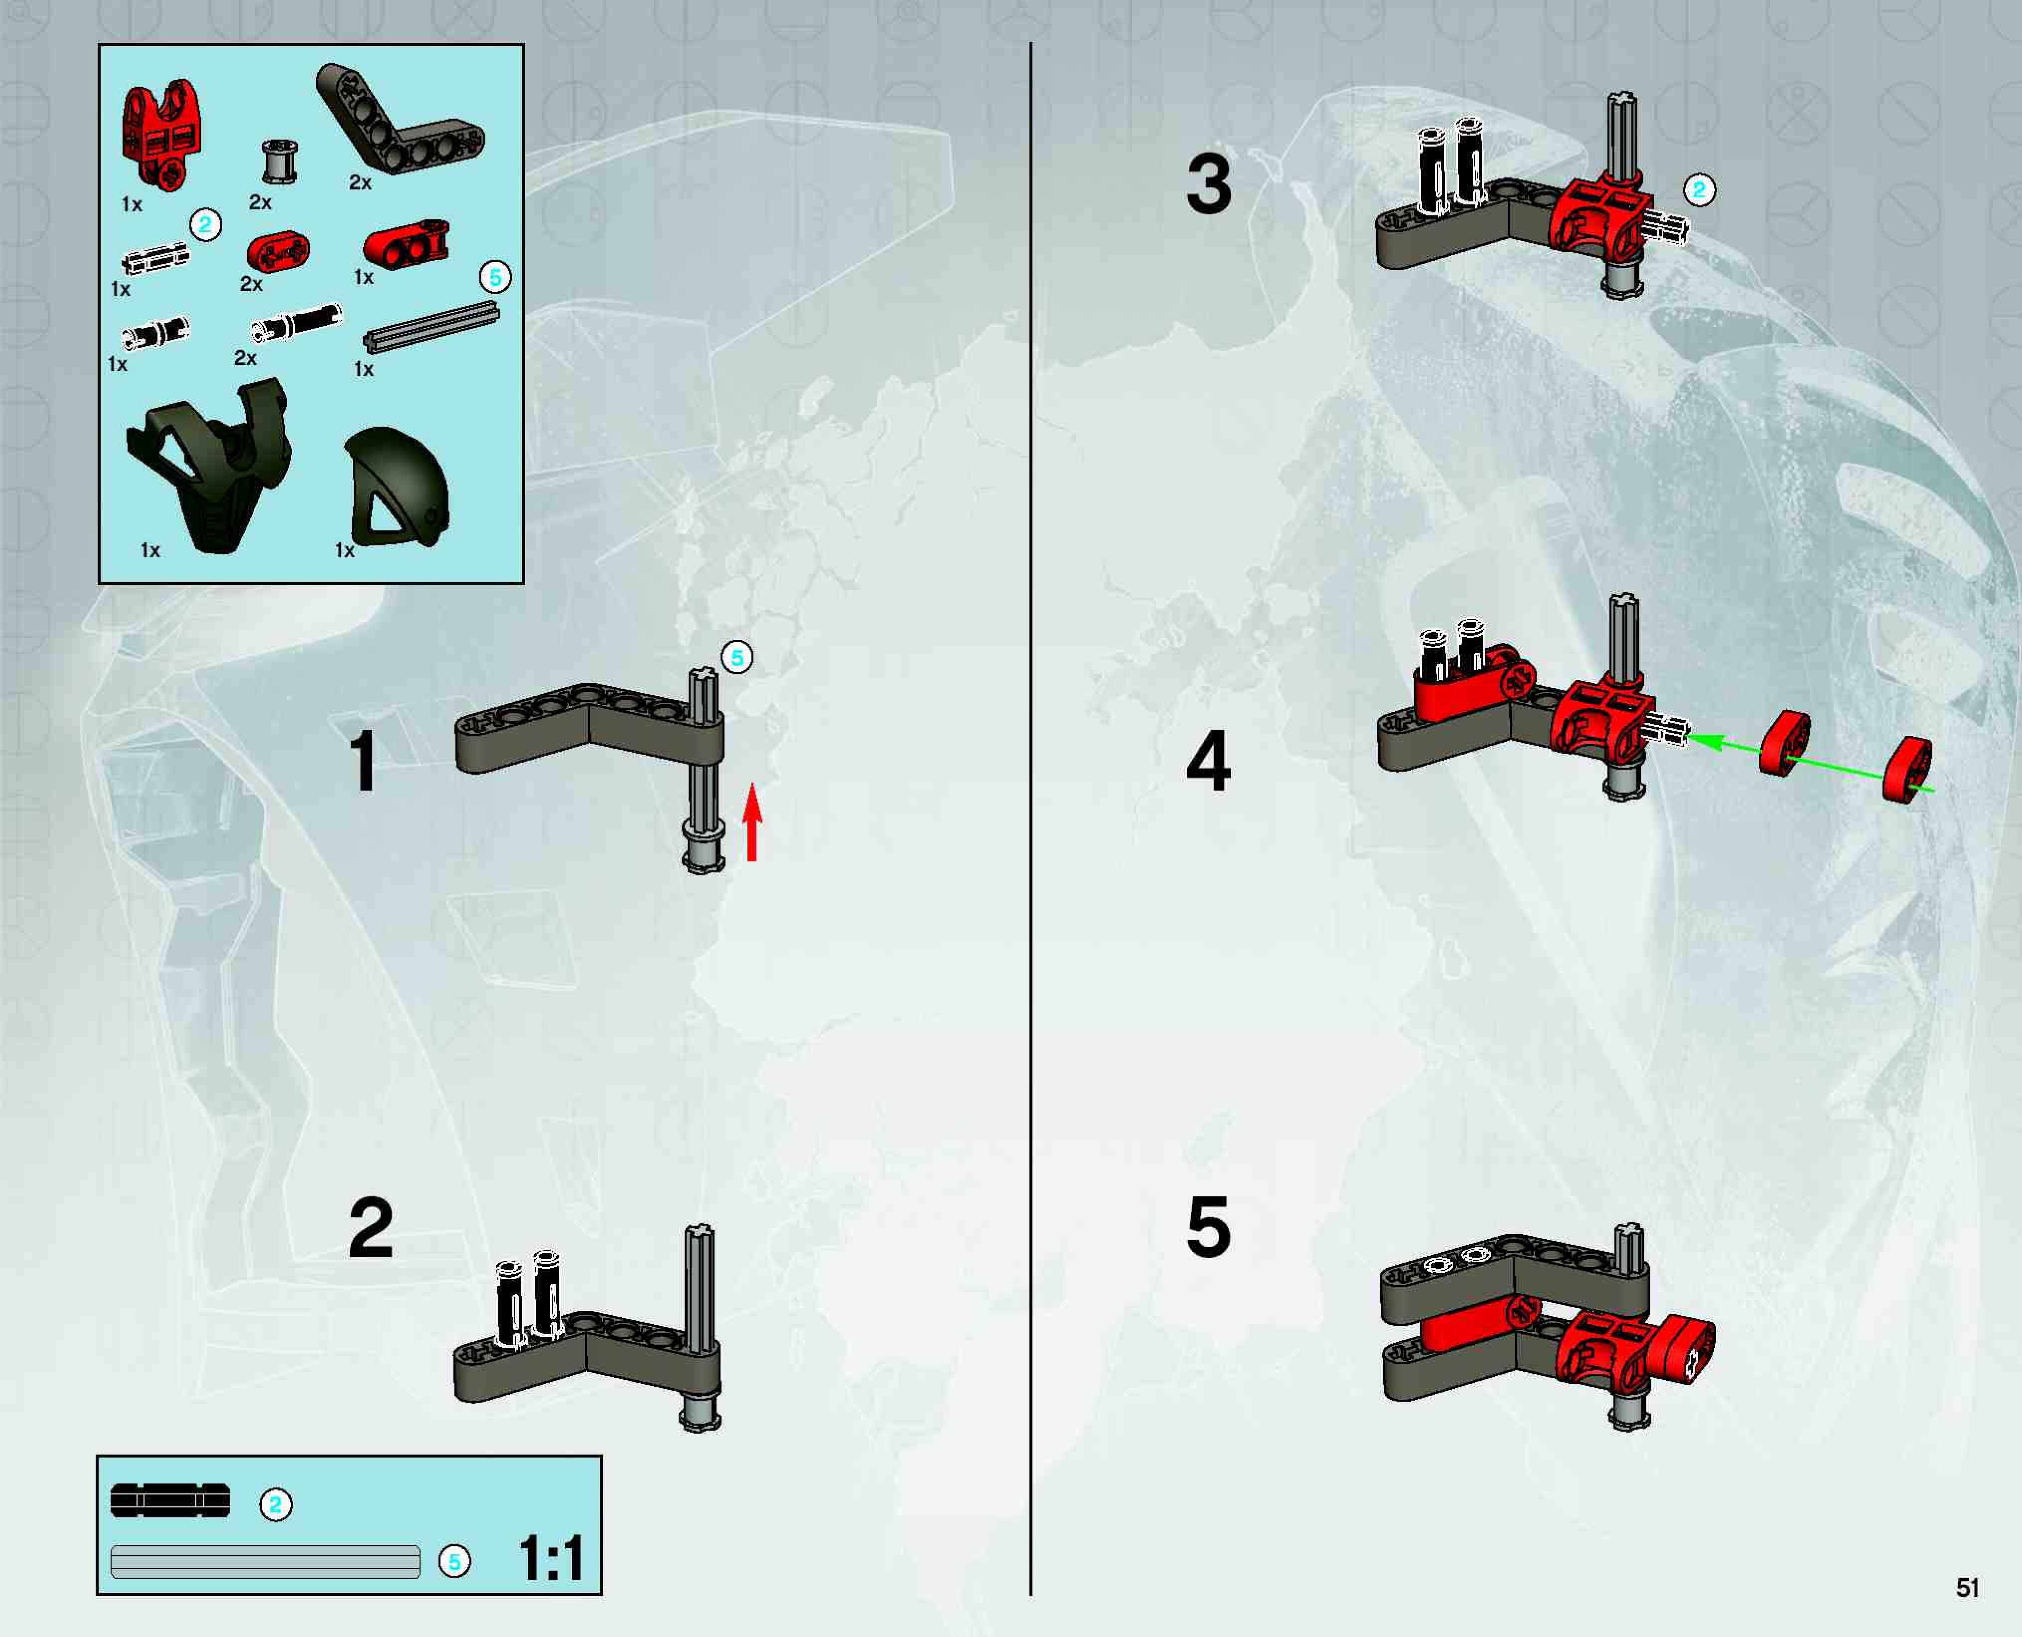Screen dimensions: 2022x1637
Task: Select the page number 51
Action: [x=1967, y=1588]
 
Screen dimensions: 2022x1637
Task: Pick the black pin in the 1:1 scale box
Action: [x=170, y=1500]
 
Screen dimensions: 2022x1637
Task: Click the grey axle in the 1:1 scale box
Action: [x=265, y=1562]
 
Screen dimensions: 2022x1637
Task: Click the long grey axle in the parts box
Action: [x=432, y=327]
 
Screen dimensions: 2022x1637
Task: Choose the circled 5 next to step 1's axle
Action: [x=737, y=657]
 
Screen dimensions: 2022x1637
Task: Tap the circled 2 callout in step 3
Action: [x=1699, y=189]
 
